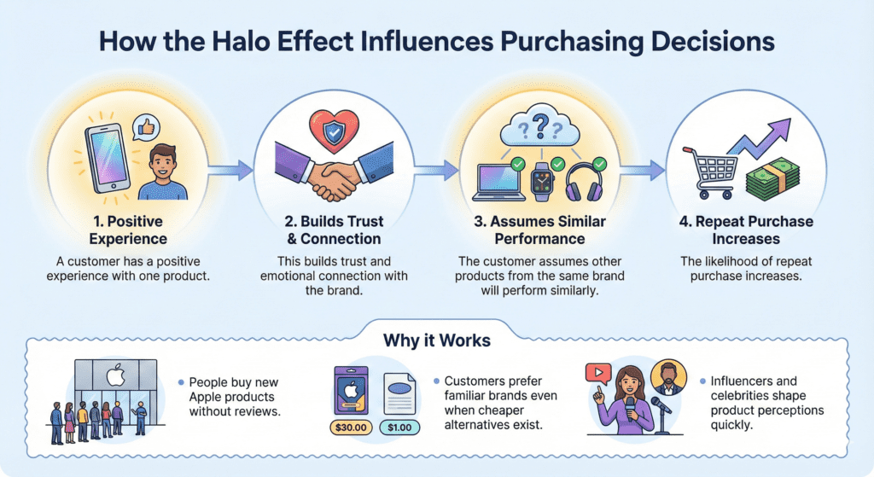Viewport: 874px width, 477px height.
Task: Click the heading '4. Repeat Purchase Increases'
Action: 747,231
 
